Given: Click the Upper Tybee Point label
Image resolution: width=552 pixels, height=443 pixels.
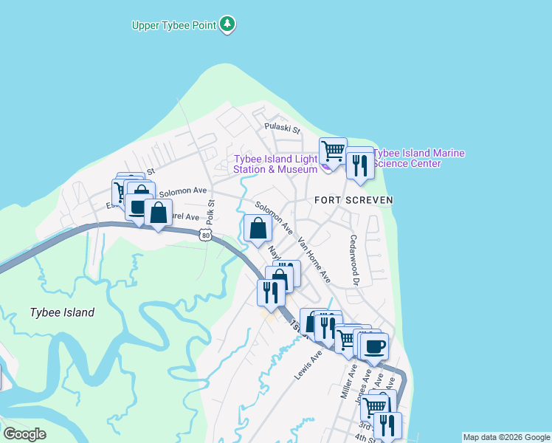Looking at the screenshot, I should tap(174, 25).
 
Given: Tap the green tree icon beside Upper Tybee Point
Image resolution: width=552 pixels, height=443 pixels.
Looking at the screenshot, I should tap(228, 24).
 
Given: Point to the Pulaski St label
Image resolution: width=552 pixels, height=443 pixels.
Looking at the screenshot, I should tap(283, 128).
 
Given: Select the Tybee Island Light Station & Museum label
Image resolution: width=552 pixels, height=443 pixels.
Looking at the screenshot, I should tap(275, 164).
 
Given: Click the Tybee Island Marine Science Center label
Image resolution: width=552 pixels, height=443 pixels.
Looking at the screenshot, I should tap(419, 158).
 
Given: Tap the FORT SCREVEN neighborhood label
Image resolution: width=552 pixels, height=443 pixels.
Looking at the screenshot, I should tap(353, 200).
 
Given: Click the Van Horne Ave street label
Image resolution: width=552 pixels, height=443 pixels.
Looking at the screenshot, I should tap(314, 261).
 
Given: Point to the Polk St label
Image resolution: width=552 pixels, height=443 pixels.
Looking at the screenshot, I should tap(210, 212).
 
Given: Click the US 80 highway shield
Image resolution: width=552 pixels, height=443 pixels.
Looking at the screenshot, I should tap(205, 235).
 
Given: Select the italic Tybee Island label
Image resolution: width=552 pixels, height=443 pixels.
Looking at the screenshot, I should tap(62, 312).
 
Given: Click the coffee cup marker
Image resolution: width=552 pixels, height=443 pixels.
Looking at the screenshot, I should tap(374, 346).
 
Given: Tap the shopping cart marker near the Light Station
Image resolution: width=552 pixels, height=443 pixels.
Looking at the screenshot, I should tap(333, 152).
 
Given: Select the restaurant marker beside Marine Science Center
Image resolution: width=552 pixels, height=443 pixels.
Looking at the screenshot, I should tap(360, 165).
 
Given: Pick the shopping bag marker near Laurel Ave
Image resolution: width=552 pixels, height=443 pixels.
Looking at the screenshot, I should tap(158, 213).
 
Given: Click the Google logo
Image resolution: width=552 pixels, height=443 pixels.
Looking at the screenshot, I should tap(24, 434).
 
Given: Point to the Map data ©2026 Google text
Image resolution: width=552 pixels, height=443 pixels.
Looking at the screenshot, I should tap(507, 437).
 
